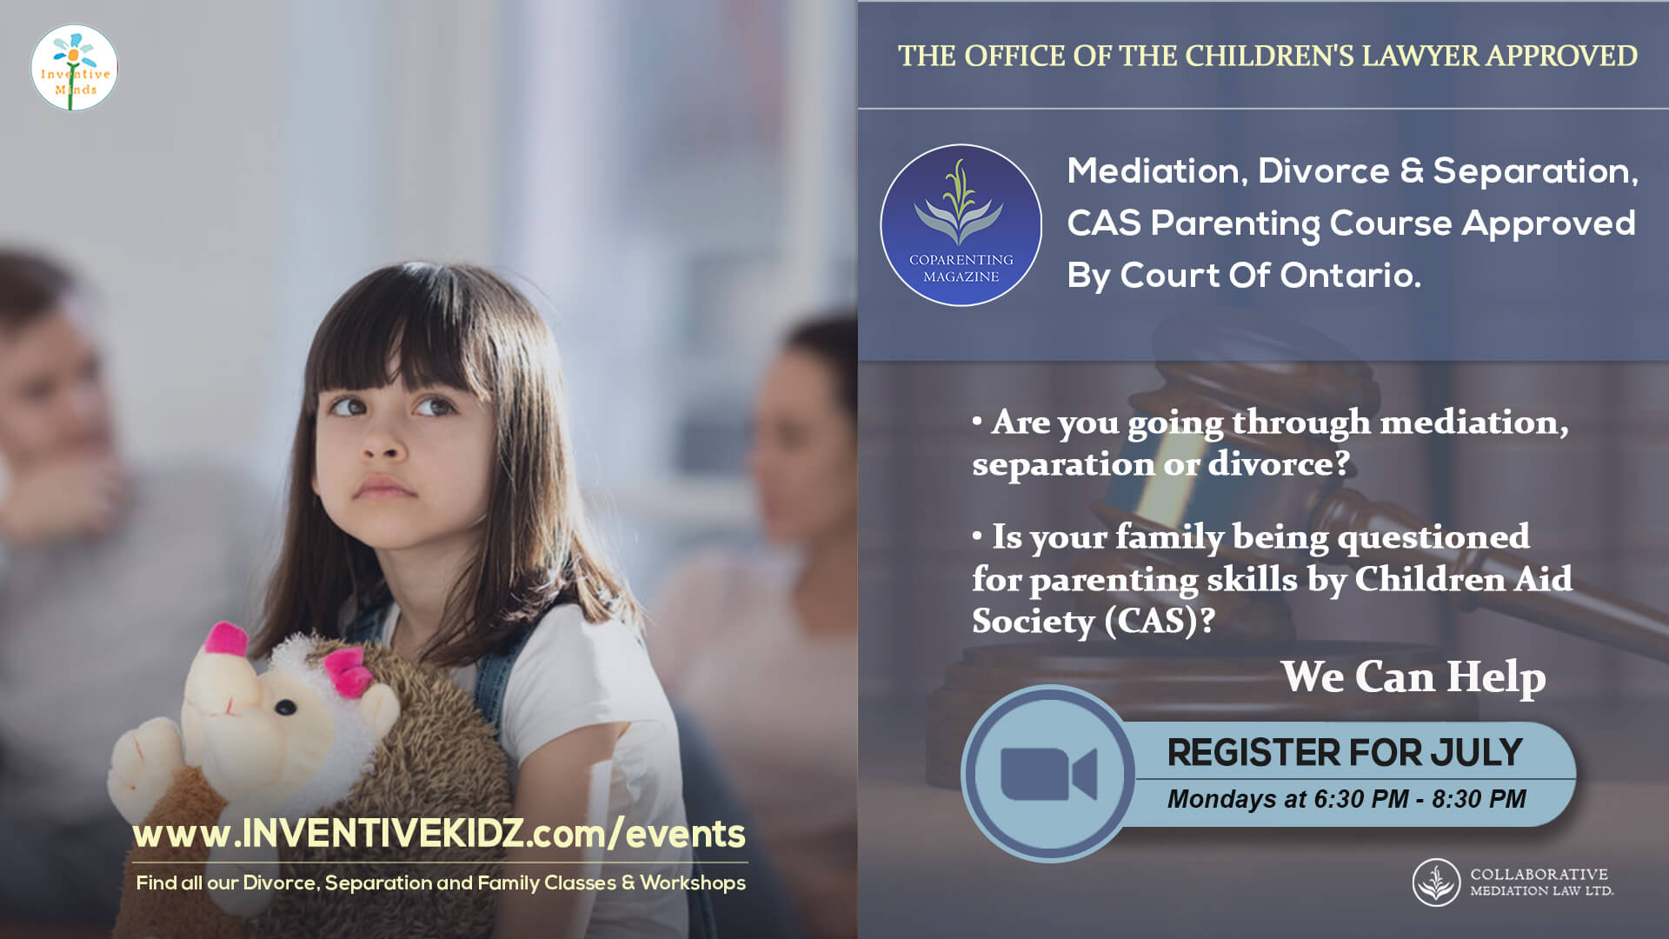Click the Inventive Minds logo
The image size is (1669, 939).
point(74,67)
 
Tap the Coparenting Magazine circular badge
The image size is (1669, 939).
point(961,225)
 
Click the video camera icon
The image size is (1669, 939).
point(1048,773)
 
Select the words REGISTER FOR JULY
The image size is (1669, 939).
point(1344,752)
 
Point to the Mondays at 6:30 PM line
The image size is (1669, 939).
point(1346,799)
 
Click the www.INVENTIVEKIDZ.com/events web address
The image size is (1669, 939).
point(439,833)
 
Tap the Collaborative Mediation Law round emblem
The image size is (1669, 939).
point(1436,882)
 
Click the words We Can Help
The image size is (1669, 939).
point(1413,676)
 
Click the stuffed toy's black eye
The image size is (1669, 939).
point(286,707)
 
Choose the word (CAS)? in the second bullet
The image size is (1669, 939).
point(1160,621)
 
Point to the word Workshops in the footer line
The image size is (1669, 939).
point(693,883)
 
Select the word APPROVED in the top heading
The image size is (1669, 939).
point(1561,56)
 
